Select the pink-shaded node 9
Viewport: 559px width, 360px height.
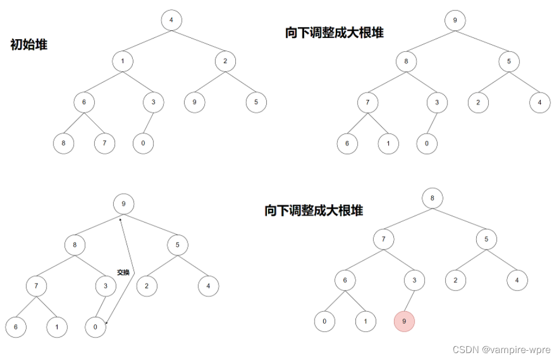(404, 321)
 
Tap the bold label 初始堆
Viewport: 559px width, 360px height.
(29, 44)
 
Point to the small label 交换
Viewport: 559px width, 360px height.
(123, 272)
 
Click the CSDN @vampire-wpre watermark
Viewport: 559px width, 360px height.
(501, 350)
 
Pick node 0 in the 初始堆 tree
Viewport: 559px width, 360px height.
(143, 143)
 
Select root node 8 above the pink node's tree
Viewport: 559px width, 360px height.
(432, 199)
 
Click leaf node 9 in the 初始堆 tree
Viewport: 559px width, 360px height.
(195, 102)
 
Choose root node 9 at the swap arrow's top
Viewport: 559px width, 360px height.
(124, 204)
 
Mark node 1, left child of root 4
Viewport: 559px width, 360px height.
(122, 61)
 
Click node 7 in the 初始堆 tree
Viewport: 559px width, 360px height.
(105, 143)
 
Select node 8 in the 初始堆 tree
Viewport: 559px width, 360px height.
(63, 143)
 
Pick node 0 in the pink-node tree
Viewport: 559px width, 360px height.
(325, 321)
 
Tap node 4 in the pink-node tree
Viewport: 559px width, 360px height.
(517, 280)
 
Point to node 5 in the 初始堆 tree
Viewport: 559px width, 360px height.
(256, 102)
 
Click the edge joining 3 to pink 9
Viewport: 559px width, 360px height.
(409, 301)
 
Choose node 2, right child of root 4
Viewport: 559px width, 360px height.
(225, 61)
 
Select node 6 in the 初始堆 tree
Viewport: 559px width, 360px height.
(84, 102)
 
